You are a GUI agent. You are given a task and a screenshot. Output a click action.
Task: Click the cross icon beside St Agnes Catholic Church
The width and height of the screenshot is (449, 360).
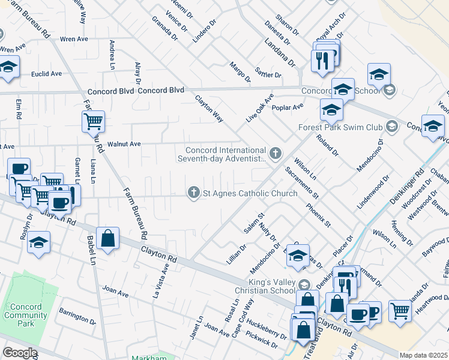[193, 193]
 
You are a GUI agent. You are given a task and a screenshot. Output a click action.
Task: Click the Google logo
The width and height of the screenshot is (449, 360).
[19, 353]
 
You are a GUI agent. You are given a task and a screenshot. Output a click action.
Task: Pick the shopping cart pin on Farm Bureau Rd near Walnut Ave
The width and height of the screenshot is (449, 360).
[94, 121]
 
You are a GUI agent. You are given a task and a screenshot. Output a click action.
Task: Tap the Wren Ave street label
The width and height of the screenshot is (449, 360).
[74, 39]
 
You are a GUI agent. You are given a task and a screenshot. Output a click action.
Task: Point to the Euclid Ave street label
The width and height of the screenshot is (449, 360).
[47, 74]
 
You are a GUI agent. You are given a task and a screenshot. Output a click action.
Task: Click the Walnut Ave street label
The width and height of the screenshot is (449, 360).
[124, 144]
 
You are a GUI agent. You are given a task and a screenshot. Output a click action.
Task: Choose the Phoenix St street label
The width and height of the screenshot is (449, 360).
[318, 215]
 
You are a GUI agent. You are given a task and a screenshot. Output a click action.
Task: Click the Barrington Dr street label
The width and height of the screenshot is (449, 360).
[77, 317]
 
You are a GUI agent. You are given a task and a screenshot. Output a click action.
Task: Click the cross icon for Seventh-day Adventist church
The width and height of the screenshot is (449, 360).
[276, 154]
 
